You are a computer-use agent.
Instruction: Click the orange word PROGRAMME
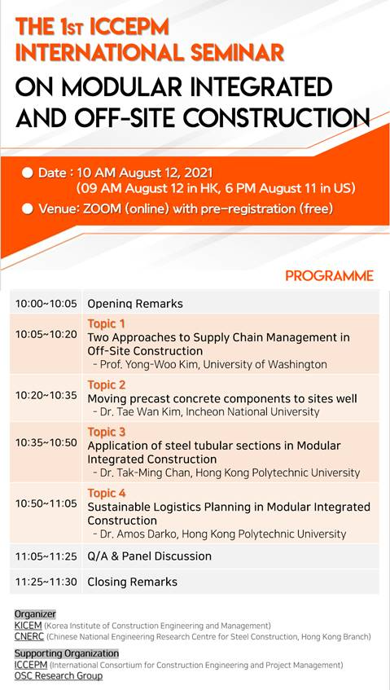(x=329, y=276)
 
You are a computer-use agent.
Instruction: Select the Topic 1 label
(x=107, y=324)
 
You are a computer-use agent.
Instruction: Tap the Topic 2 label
(x=107, y=385)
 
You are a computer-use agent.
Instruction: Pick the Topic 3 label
(x=107, y=432)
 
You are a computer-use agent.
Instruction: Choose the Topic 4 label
(x=107, y=493)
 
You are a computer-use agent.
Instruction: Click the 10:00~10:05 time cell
(x=46, y=304)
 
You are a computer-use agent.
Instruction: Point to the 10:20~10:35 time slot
(x=46, y=395)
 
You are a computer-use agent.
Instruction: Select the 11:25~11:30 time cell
(x=46, y=582)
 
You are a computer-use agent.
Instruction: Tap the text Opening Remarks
(x=135, y=304)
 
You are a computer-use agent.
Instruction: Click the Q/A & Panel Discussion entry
(x=150, y=556)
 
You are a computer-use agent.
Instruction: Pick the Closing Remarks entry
(x=133, y=582)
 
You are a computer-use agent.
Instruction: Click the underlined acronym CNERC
(x=29, y=637)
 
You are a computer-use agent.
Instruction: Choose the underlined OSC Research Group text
(x=59, y=675)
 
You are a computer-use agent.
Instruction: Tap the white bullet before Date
(x=28, y=173)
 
